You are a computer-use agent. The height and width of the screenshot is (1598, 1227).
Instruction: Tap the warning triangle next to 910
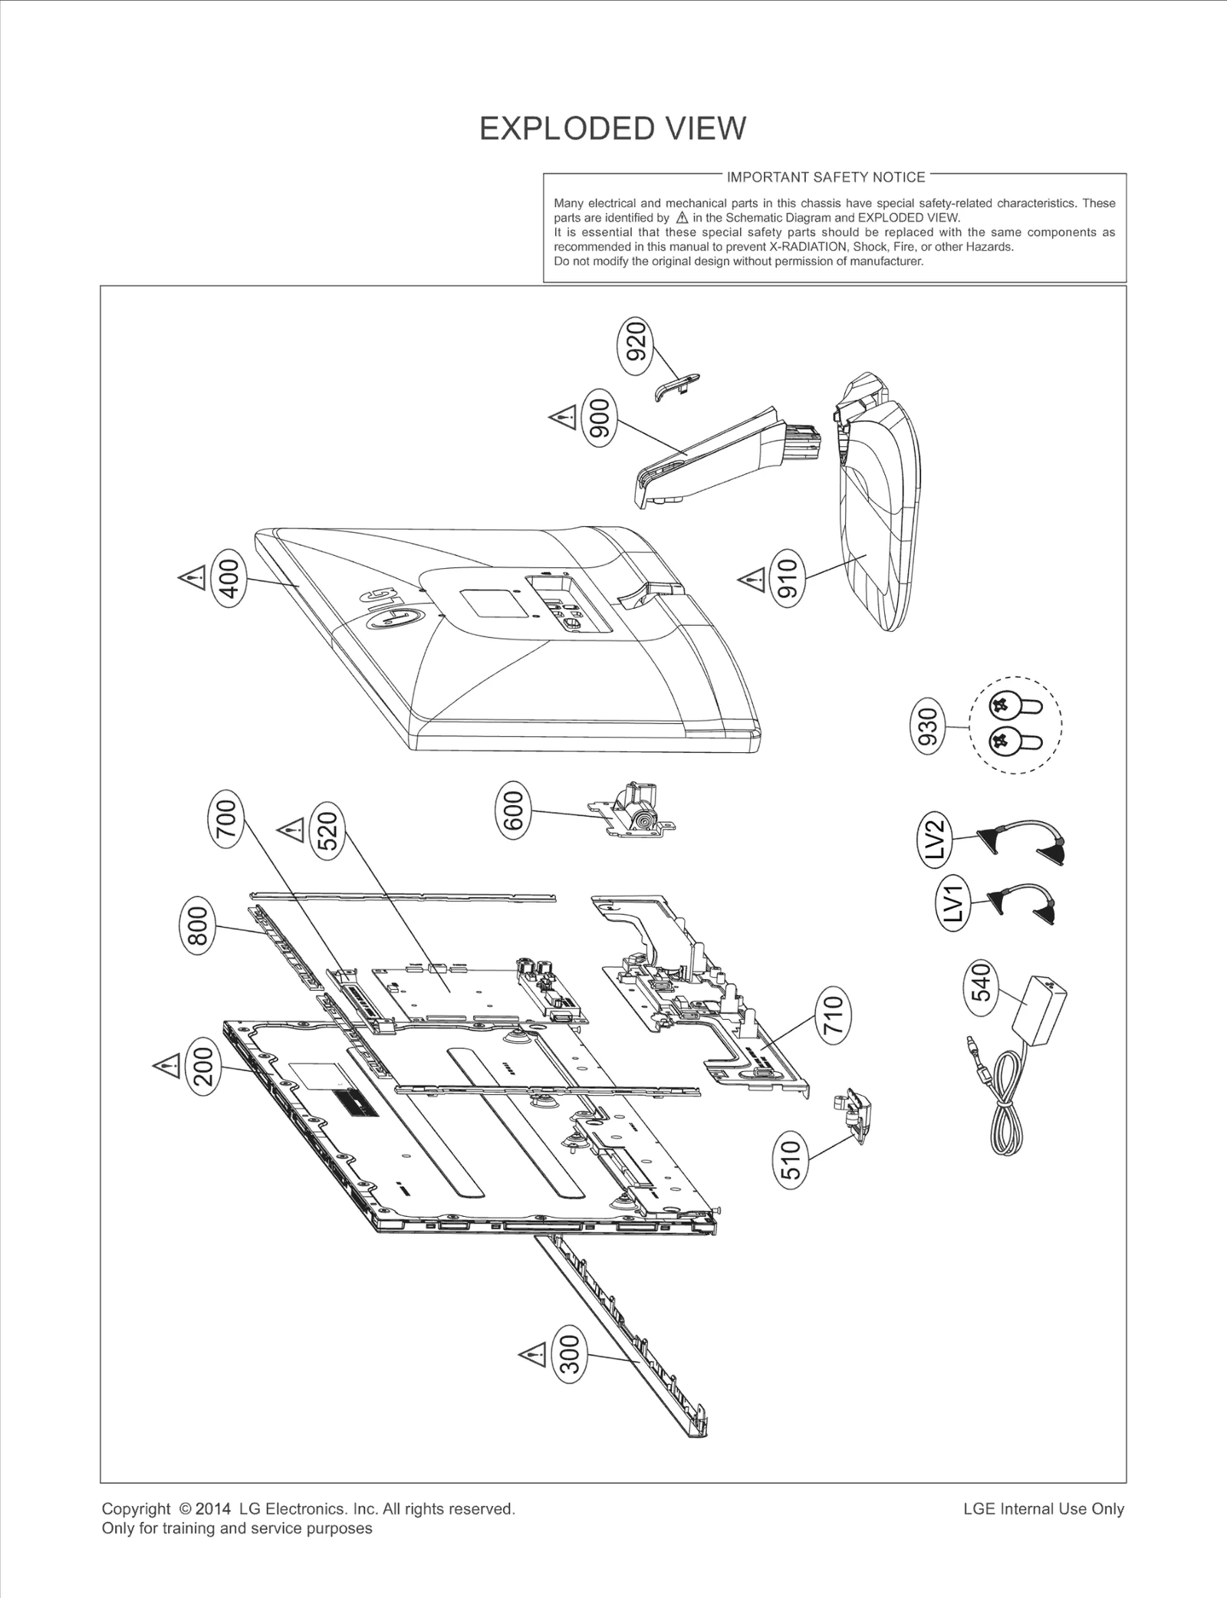click(752, 580)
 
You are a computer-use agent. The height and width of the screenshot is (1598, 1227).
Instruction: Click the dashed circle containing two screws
click(1015, 725)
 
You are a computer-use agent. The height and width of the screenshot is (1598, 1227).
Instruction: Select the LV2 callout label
click(936, 840)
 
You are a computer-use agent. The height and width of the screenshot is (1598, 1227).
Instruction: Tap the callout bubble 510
click(792, 1159)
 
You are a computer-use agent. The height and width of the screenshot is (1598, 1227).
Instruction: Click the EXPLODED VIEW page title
click(612, 128)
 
